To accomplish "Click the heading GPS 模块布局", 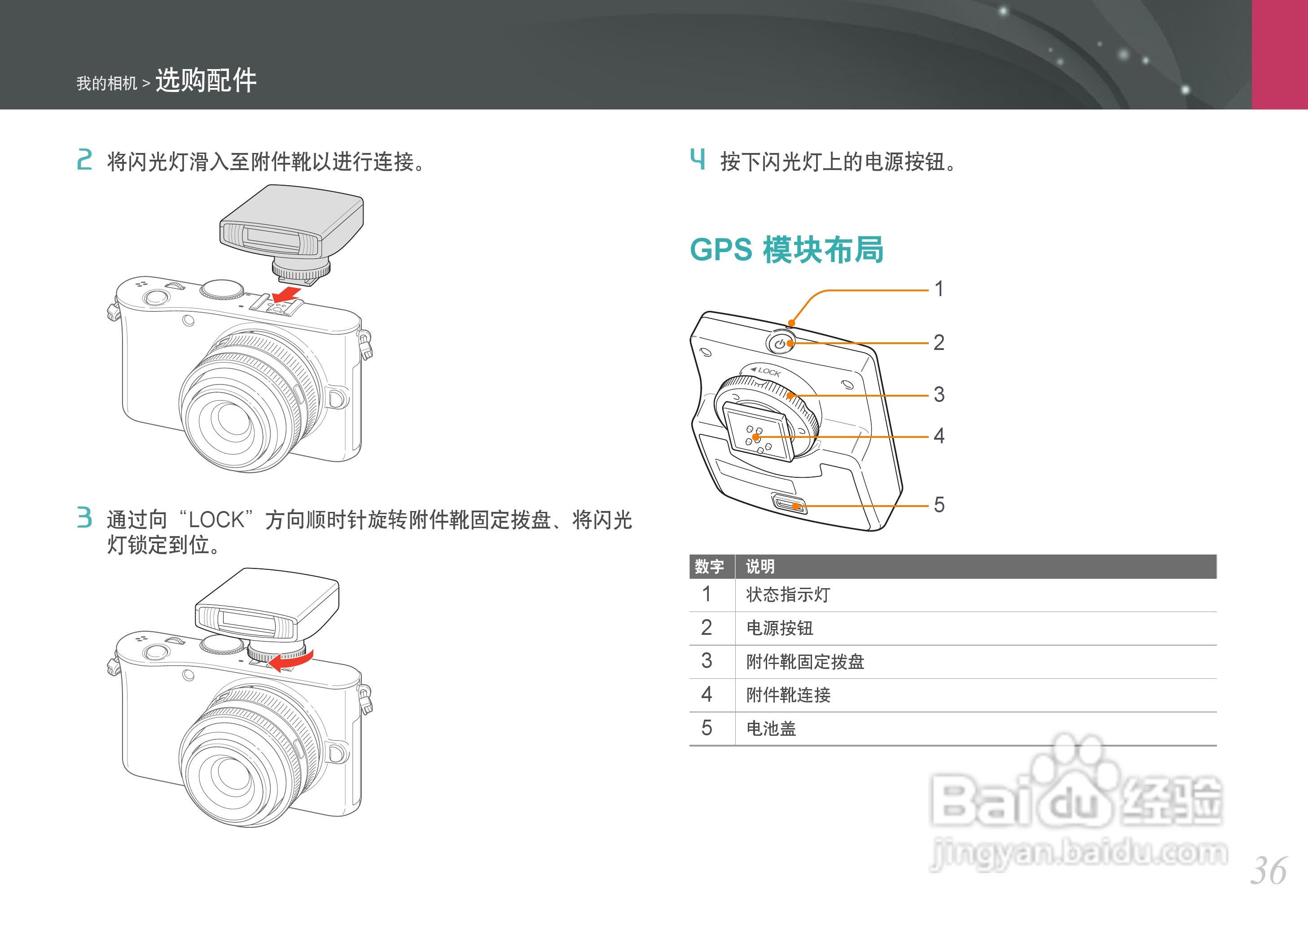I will (786, 250).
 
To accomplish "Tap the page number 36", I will (1268, 871).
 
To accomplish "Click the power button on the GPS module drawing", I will (780, 344).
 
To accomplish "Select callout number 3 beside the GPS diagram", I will (939, 394).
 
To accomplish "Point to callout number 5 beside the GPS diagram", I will (939, 505).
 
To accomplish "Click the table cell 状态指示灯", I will (788, 595).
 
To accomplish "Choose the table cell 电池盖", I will (771, 729).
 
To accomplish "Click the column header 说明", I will (760, 566).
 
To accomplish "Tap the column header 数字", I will (709, 566).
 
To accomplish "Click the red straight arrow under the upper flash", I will (287, 295).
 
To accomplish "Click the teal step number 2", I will (84, 160).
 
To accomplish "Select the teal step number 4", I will (697, 159).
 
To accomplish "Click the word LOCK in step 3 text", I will (216, 520).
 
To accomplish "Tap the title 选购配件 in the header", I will (206, 80).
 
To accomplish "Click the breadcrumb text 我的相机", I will (107, 83).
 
